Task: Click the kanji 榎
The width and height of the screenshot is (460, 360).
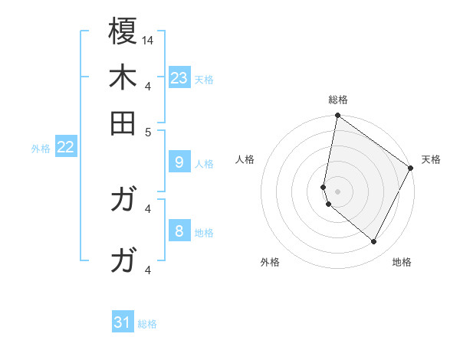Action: (123, 31)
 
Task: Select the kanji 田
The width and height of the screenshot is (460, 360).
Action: (123, 123)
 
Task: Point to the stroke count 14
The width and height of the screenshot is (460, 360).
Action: (148, 39)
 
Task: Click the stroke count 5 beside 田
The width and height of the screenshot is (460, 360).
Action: (149, 131)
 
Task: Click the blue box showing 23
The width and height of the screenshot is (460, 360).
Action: (179, 78)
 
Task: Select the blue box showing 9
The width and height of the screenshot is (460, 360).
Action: (179, 162)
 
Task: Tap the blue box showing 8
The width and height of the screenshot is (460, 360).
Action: (179, 231)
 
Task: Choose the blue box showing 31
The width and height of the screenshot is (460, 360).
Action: (123, 323)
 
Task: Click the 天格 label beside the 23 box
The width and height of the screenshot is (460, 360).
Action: (204, 80)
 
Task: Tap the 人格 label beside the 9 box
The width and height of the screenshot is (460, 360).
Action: (204, 164)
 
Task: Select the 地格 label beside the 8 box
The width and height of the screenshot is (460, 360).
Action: (204, 233)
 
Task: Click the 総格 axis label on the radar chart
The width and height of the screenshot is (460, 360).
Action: (337, 100)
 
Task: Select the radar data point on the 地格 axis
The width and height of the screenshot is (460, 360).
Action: (373, 242)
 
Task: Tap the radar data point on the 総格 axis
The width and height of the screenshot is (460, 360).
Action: (337, 116)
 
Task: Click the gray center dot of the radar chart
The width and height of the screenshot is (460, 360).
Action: (337, 191)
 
